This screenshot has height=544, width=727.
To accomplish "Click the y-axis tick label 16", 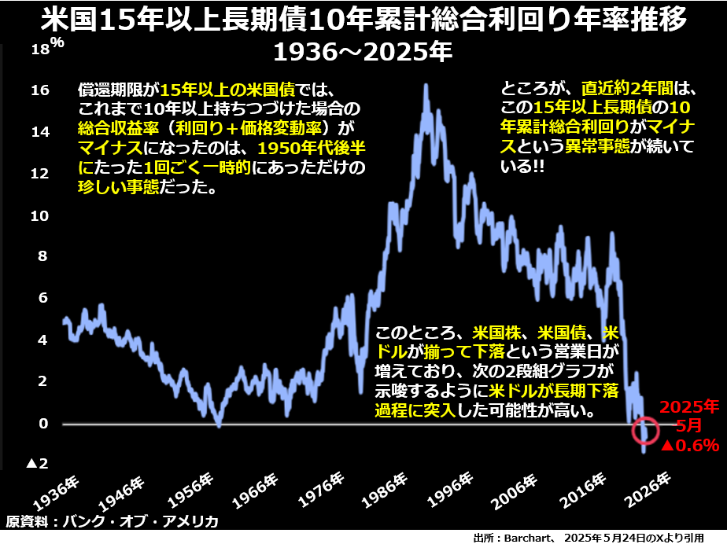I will point(39,90).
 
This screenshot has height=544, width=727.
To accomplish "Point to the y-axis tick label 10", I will point(39,215).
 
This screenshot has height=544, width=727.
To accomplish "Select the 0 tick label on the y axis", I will point(44,424).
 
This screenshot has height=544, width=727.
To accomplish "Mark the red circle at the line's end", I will point(645,430).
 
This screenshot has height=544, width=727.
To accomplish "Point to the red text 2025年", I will point(689,408).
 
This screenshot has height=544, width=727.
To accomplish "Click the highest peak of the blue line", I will point(426,85).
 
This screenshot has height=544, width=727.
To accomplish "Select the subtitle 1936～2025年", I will point(363,53).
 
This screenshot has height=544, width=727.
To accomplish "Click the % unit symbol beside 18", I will point(57,44).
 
